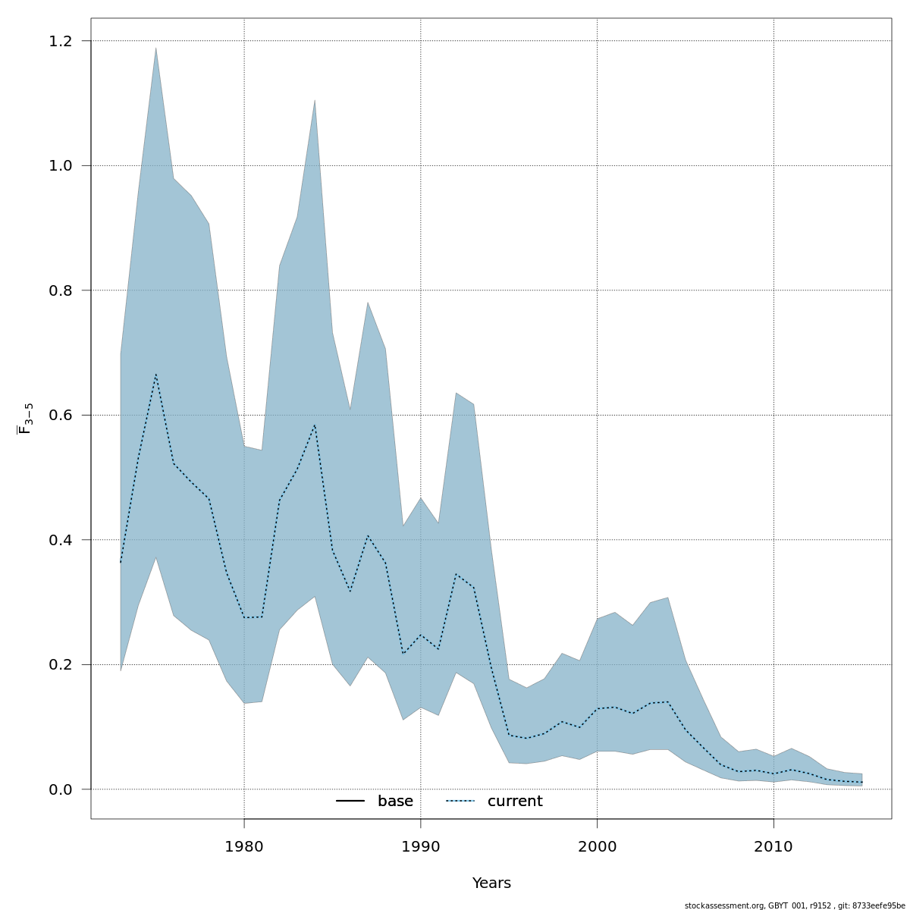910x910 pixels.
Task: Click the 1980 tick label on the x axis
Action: point(244,846)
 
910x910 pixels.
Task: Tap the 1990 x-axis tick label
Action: point(420,846)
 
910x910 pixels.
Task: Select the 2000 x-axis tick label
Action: point(597,846)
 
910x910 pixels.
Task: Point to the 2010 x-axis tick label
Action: point(773,846)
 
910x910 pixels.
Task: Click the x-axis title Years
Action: point(491,883)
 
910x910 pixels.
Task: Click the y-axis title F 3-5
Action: point(26,419)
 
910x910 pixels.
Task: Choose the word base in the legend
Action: point(395,802)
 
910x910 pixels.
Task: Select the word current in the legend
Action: point(515,802)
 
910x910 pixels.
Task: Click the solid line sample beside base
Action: point(350,802)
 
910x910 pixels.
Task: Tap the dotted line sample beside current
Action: point(460,802)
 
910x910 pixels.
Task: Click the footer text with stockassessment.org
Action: point(794,905)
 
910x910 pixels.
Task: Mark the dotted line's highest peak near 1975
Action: point(155,374)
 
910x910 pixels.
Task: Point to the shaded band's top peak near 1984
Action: point(315,99)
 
